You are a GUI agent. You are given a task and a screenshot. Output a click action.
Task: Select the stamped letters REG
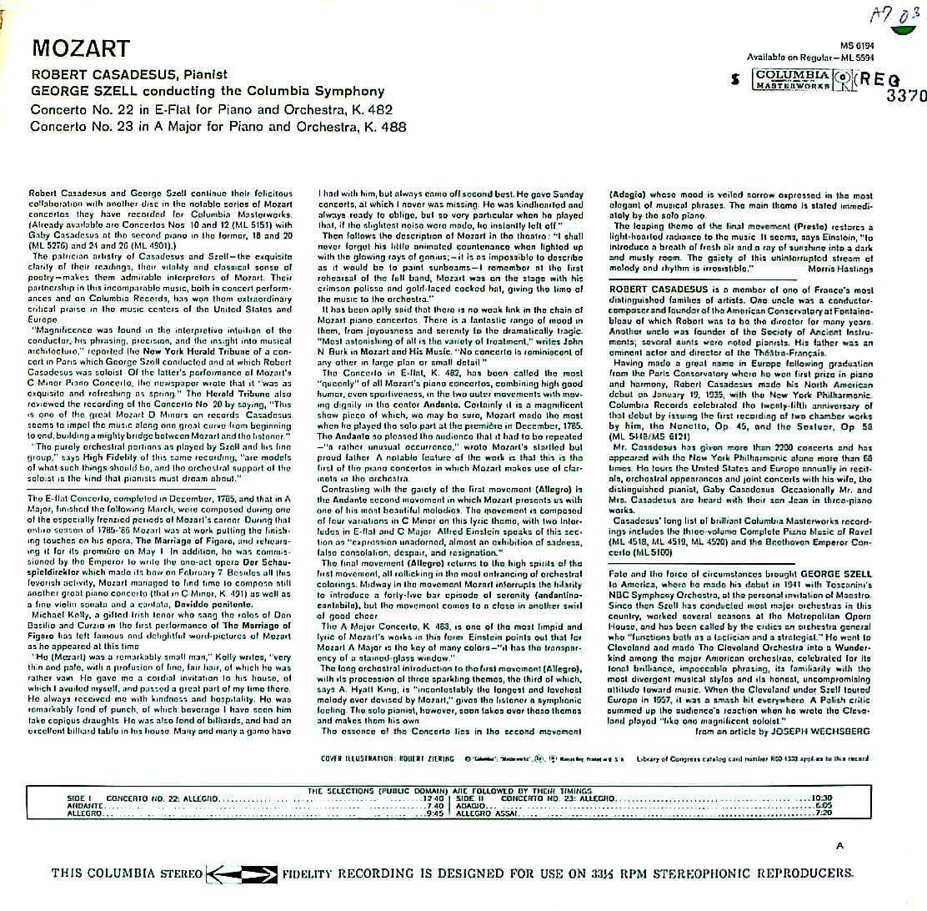pyautogui.click(x=878, y=80)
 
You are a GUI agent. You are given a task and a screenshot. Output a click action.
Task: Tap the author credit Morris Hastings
pyautogui.click(x=844, y=269)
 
